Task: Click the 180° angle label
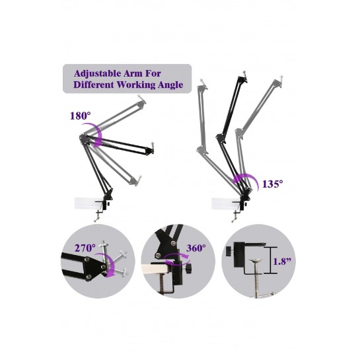80,116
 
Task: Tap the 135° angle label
273,184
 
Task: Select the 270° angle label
85,248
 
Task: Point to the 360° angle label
196,248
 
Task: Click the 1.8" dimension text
282,262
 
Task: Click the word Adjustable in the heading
97,74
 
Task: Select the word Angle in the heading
170,85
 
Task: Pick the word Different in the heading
94,85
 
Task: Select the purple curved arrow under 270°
111,264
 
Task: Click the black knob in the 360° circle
189,268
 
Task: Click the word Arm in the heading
133,74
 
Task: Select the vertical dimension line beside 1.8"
270,260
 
